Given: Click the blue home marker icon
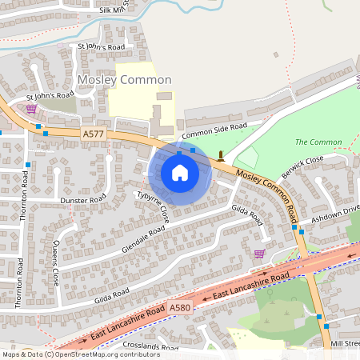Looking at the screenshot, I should [x=180, y=173].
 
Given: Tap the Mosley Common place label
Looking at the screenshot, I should [x=124, y=80].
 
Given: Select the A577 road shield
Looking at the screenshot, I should [x=92, y=135].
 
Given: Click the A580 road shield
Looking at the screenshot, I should [x=182, y=306].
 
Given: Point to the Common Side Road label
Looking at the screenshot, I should [x=214, y=129].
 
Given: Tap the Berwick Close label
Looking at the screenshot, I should [x=302, y=166].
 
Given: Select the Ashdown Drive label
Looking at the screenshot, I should [x=335, y=214].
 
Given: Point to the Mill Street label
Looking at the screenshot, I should [x=345, y=342].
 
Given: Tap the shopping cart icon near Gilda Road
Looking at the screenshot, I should [x=258, y=254].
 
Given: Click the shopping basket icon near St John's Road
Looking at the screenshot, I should [x=31, y=109].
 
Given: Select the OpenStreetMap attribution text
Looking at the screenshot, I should [x=81, y=354].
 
